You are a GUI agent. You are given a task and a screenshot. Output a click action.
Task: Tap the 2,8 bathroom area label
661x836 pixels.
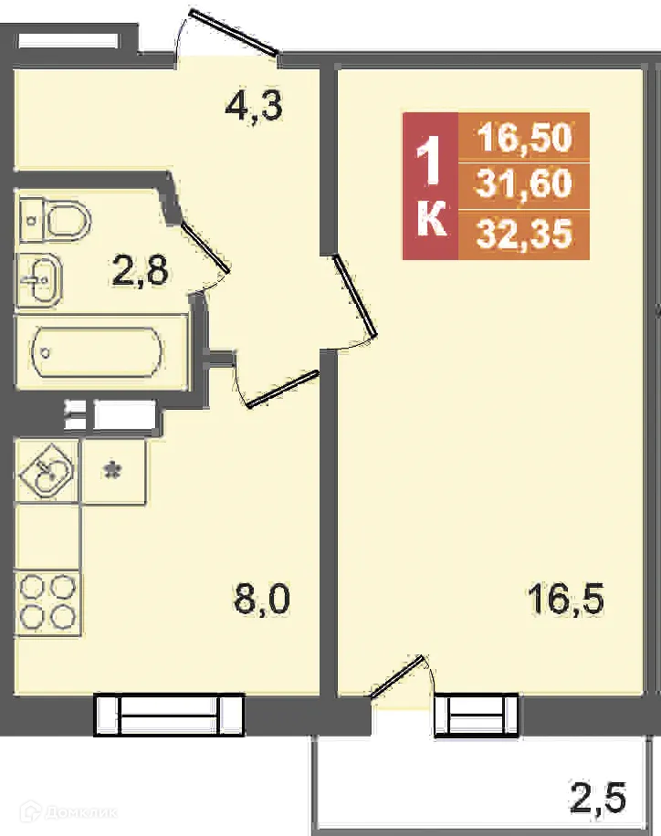click(x=140, y=270)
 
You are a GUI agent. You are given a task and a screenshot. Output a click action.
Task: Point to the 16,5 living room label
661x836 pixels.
click(x=566, y=600)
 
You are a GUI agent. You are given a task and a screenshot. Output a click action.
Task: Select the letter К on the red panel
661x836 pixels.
click(x=431, y=222)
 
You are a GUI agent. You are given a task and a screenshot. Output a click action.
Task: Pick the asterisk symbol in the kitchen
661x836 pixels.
click(x=112, y=471)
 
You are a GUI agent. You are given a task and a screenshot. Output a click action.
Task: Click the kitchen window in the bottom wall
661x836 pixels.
click(x=169, y=714)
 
